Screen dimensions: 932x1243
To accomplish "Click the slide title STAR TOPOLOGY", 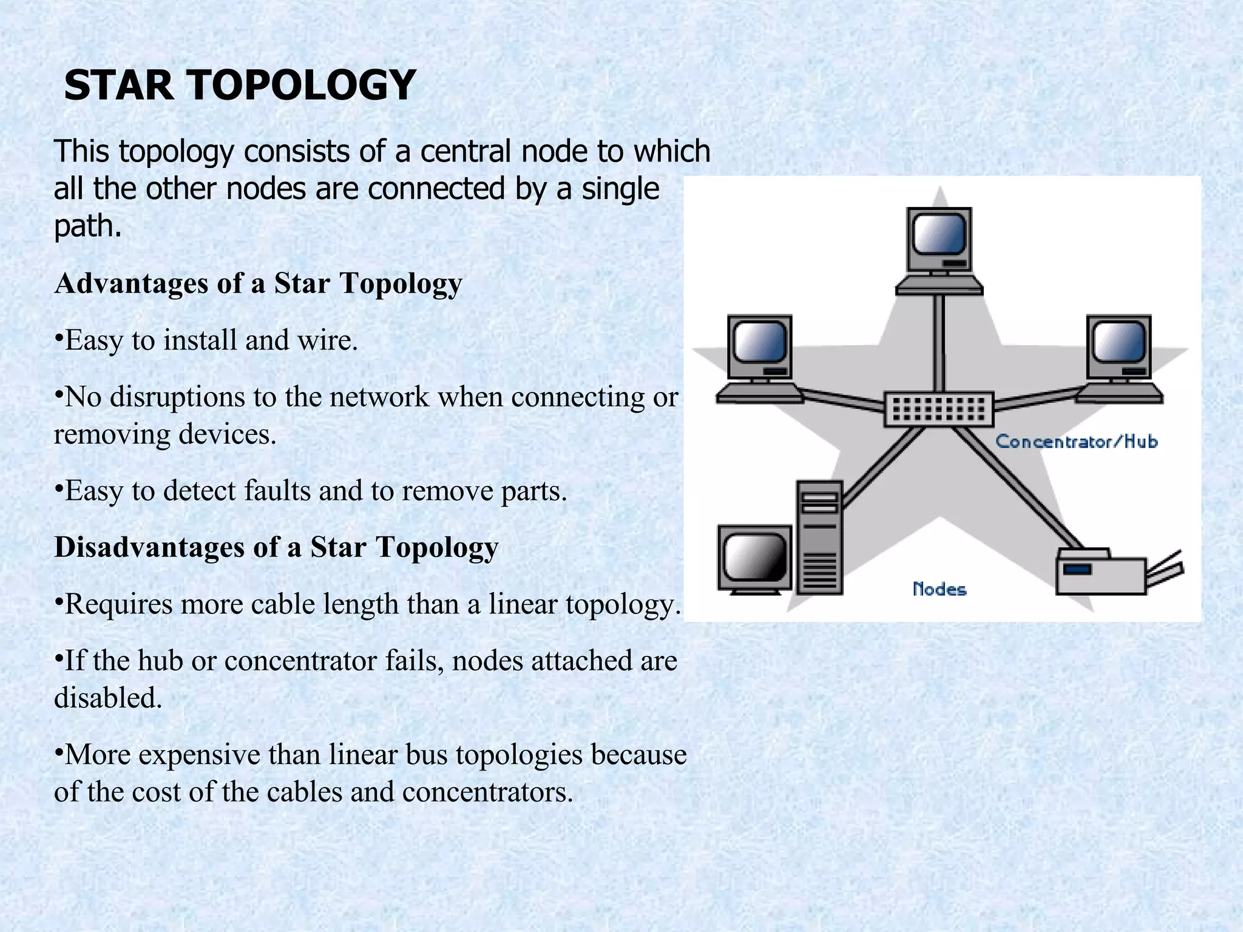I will coord(240,85).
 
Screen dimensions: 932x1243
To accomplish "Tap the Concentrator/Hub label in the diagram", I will coord(1076,441).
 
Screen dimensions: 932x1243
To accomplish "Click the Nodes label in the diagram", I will coord(939,589).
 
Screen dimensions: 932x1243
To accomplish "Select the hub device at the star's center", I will coord(938,409).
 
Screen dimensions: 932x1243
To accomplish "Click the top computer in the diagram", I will coord(939,249).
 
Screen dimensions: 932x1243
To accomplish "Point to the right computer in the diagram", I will coord(1119,358).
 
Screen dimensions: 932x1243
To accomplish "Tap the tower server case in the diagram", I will coord(819,537).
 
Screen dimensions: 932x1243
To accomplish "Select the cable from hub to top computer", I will coord(939,343).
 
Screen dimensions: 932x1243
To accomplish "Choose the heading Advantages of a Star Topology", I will coord(258,283).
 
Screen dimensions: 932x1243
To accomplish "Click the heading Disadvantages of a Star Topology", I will coord(276,547).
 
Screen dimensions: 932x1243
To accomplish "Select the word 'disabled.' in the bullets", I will coord(108,698).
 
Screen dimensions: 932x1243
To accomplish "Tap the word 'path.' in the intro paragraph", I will coord(88,227).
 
